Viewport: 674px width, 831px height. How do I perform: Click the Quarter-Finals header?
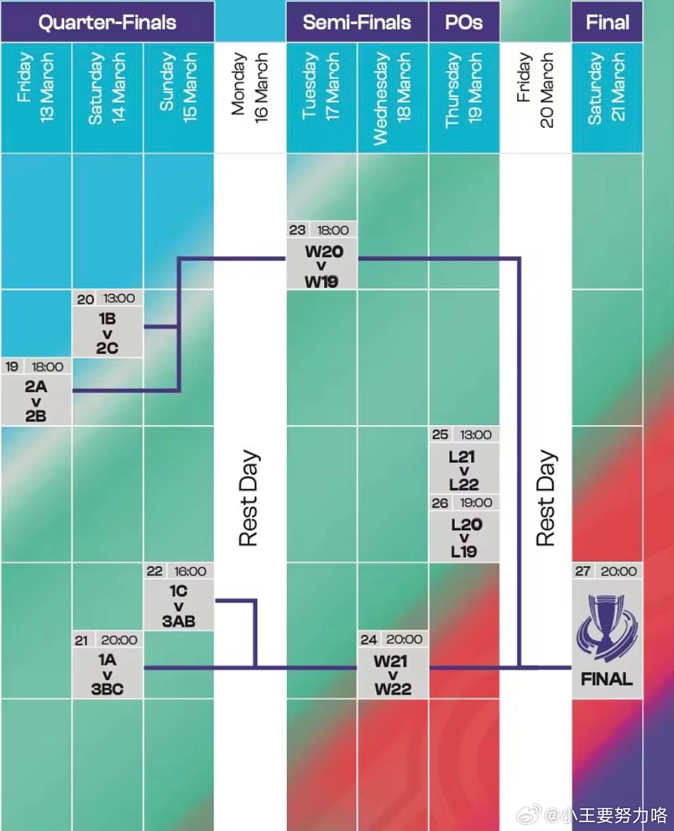point(107,22)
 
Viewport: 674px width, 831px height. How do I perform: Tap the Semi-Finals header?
point(356,22)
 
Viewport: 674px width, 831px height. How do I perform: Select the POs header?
point(464,22)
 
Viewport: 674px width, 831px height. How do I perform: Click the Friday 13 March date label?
point(35,88)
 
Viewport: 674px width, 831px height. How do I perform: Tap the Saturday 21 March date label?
point(607,88)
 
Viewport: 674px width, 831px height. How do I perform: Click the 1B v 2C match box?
point(107,333)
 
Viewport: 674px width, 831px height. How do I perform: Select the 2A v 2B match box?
point(36,401)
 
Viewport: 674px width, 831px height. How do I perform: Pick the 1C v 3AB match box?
point(179,606)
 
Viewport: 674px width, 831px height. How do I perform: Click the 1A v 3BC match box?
point(107,674)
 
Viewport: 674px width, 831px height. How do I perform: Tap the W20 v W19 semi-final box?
point(322,266)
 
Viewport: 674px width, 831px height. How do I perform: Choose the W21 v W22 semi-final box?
point(392,675)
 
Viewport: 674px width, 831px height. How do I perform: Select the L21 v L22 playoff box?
point(464,470)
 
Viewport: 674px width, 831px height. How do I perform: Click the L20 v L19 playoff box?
point(464,538)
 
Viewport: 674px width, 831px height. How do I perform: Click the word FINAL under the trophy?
point(606,679)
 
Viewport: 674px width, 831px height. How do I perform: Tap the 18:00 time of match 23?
point(333,230)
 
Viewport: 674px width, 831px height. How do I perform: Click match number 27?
point(582,571)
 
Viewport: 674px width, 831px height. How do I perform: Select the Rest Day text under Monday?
point(249,498)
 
